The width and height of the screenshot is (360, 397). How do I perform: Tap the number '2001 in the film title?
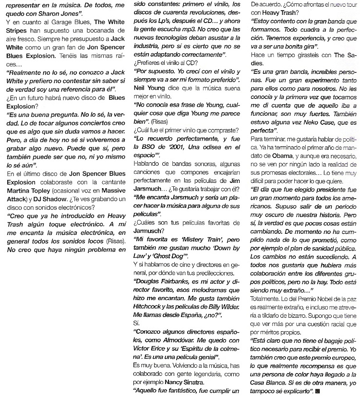click(x=187, y=147)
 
